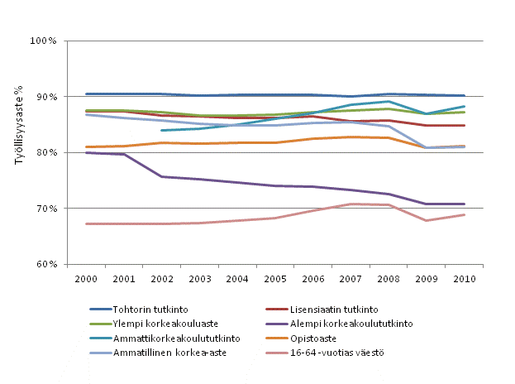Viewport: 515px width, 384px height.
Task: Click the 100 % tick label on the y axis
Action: click(x=43, y=41)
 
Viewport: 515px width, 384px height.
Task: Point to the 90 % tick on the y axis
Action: click(x=45, y=97)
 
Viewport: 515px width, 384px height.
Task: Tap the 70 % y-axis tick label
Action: click(x=45, y=209)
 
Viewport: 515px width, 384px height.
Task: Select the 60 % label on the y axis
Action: click(x=45, y=265)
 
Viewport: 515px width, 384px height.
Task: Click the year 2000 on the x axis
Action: click(x=87, y=278)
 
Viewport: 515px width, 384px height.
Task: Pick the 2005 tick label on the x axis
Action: click(x=274, y=278)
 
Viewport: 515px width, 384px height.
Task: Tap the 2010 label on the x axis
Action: click(x=463, y=278)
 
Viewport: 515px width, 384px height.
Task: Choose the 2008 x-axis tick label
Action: click(x=388, y=278)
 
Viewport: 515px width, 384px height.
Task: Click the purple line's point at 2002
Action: click(x=162, y=176)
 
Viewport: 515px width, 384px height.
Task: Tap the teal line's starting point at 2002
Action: click(x=162, y=130)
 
